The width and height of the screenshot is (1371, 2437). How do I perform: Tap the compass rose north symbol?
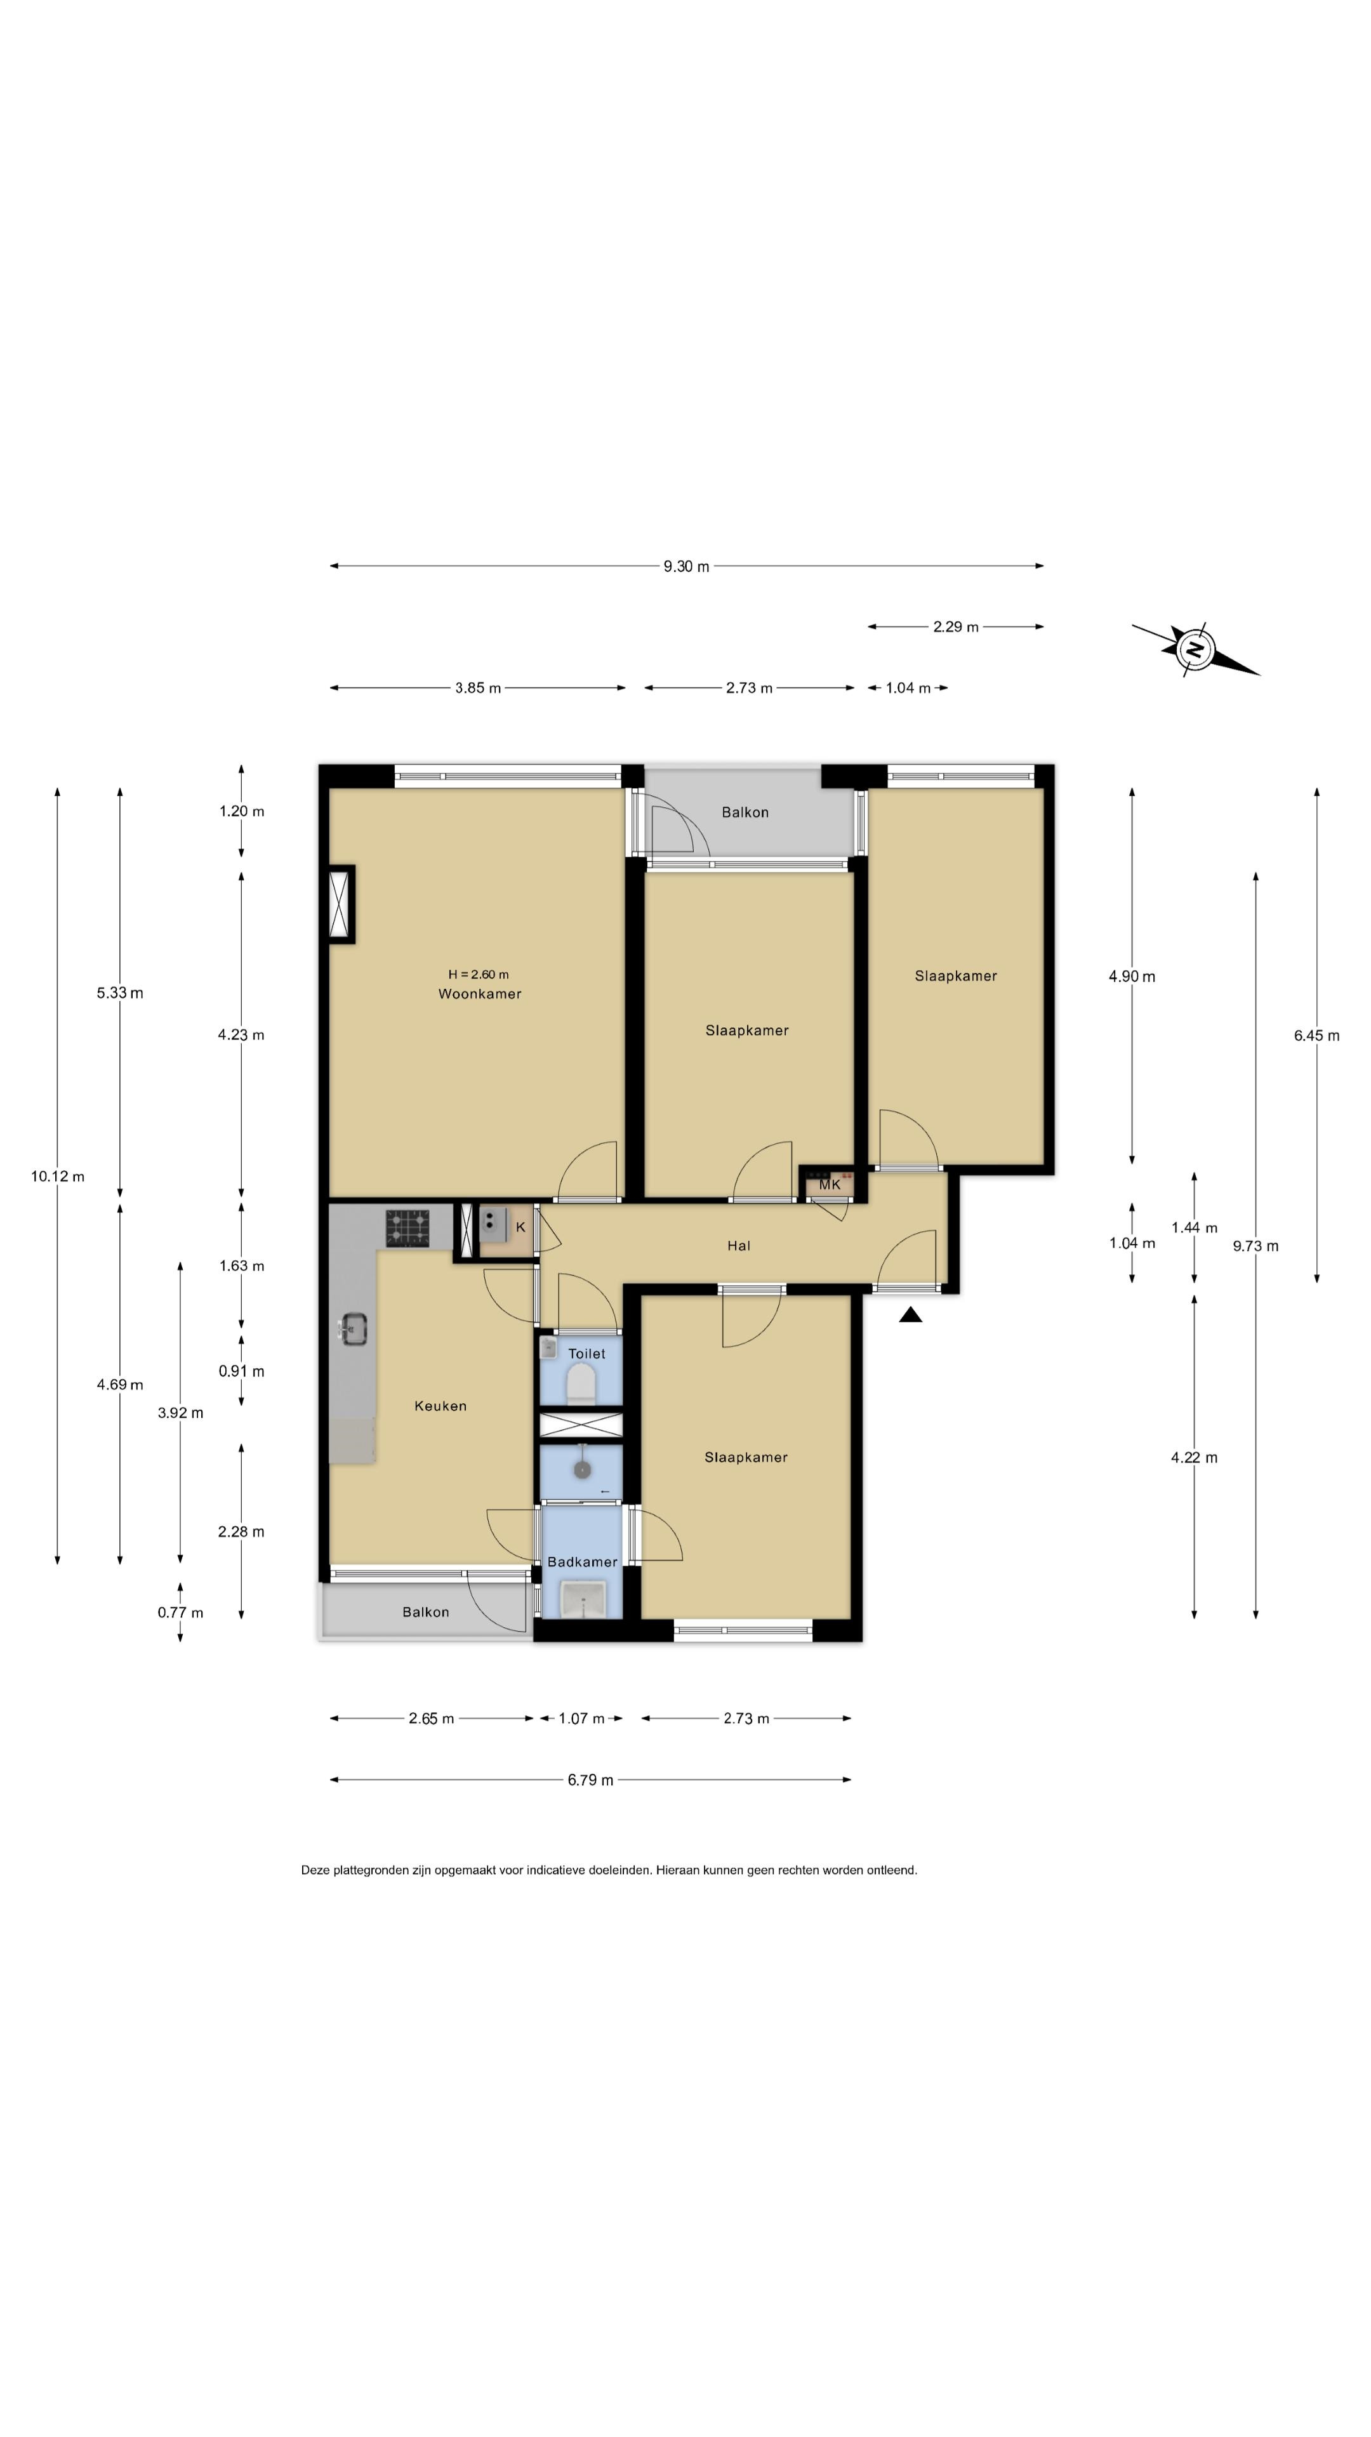(1195, 649)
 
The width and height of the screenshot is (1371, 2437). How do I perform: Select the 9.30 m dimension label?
(686, 567)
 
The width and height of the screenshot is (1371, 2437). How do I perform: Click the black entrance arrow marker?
(910, 1314)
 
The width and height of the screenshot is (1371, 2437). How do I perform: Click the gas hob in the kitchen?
(407, 1228)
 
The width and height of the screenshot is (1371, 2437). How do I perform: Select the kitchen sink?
(353, 1329)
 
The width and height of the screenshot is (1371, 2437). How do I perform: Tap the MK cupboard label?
(829, 1184)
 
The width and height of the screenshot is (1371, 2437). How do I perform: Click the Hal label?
(739, 1246)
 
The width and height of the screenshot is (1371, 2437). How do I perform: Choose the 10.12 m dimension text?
(58, 1177)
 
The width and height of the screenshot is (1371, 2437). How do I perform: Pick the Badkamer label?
(582, 1562)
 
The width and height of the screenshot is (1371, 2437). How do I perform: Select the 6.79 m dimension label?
(590, 1780)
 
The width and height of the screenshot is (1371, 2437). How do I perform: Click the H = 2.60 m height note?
(479, 974)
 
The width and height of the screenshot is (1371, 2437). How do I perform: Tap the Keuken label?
(440, 1406)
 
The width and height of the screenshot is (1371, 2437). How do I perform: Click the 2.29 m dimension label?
(956, 627)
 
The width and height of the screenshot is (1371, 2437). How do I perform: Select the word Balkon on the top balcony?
(745, 812)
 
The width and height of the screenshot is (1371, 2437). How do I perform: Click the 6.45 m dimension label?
(1316, 1036)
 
